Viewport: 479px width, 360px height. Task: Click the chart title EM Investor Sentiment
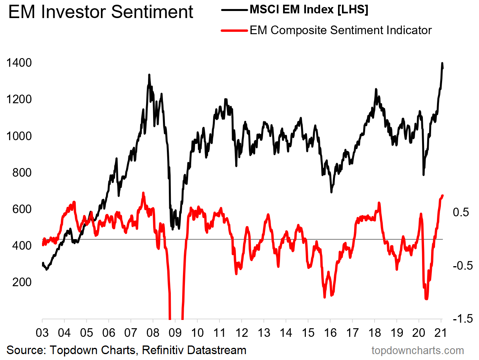tap(101, 12)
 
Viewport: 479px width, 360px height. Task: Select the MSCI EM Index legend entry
tap(309, 10)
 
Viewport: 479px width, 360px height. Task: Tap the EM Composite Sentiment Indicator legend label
tap(340, 30)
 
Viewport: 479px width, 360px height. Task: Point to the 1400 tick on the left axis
tap(19, 63)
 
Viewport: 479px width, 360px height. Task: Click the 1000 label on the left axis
tap(19, 136)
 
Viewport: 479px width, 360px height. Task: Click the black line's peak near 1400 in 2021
tap(442, 63)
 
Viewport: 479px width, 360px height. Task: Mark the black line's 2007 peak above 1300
tap(149, 75)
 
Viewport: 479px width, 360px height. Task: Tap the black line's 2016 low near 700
tap(331, 192)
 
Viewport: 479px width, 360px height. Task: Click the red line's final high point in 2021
tap(442, 196)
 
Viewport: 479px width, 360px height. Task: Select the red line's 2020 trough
tap(426, 299)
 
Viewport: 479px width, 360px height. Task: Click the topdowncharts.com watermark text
tap(418, 350)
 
